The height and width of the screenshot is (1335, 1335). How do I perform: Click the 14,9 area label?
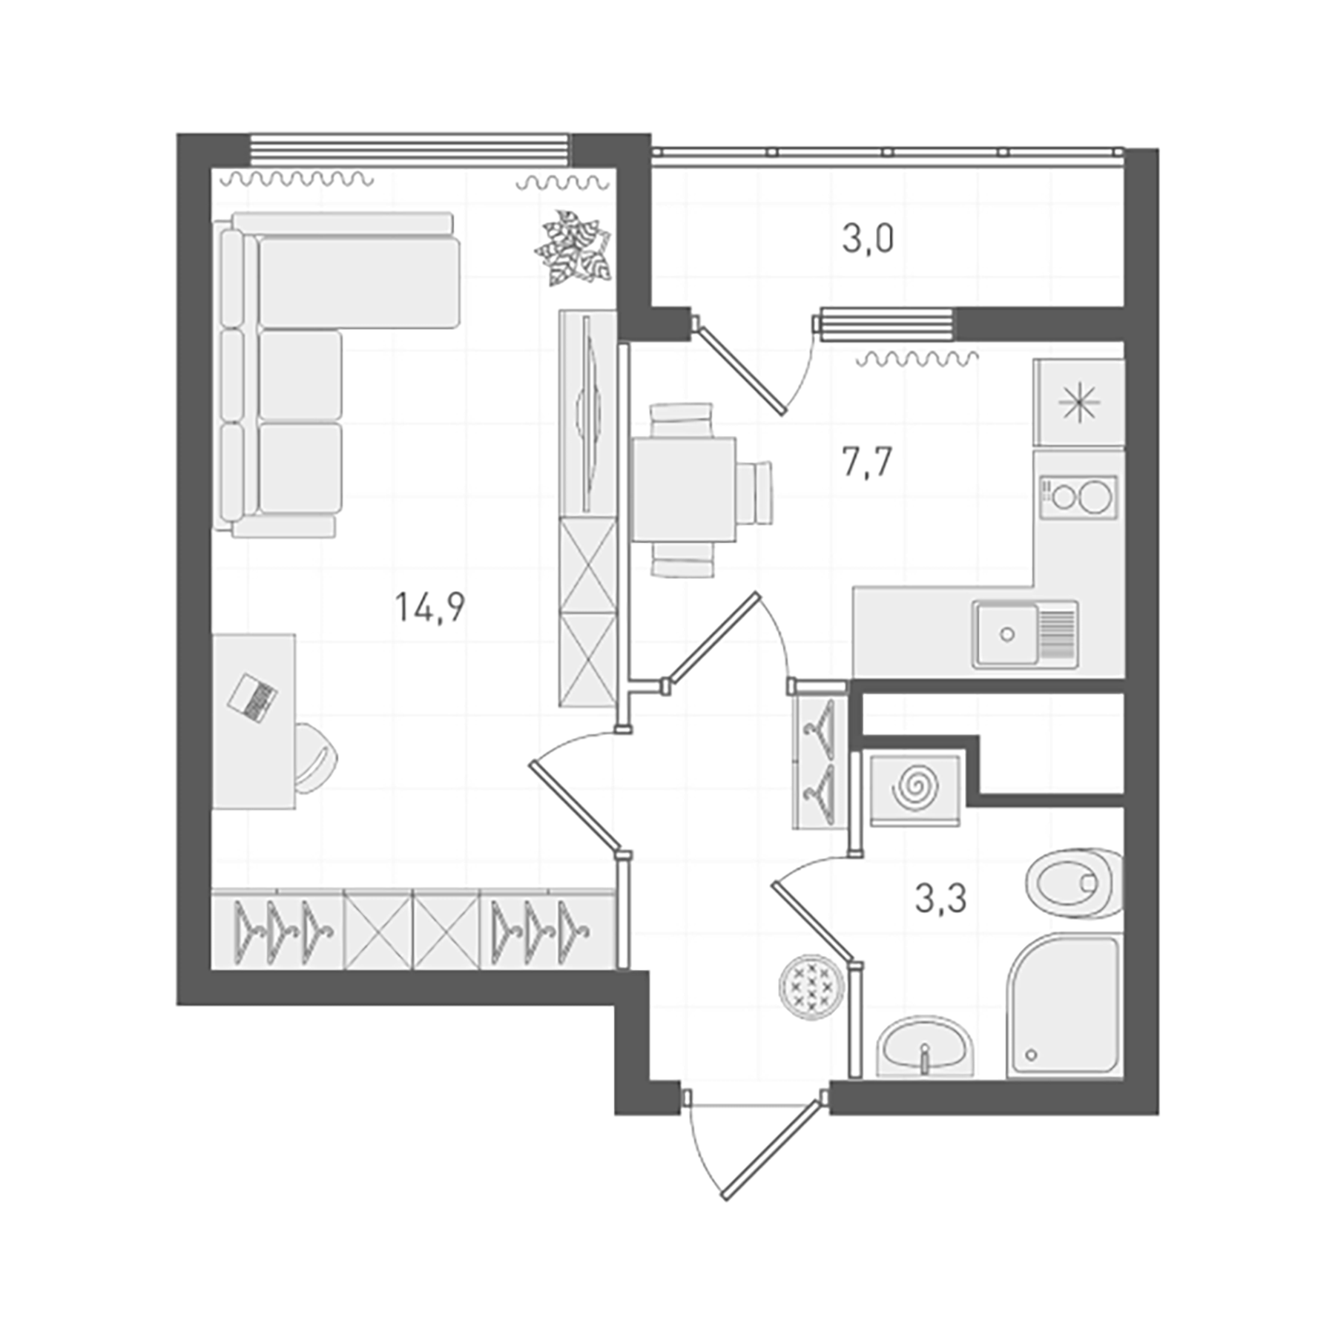tap(430, 607)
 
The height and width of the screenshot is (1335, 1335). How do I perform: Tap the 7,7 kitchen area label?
tap(867, 462)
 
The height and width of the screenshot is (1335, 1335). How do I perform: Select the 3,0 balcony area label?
tap(868, 239)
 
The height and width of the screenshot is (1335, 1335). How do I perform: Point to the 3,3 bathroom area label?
tap(940, 899)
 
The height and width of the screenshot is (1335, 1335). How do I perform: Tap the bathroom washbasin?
tap(925, 1046)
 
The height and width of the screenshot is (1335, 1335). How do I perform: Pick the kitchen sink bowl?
tap(1006, 634)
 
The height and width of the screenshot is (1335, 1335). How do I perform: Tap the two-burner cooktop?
tap(1078, 496)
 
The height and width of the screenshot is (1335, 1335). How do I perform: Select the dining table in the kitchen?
tap(683, 489)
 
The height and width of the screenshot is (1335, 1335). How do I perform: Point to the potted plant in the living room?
tap(573, 248)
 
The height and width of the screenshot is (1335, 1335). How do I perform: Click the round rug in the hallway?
tap(811, 986)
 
